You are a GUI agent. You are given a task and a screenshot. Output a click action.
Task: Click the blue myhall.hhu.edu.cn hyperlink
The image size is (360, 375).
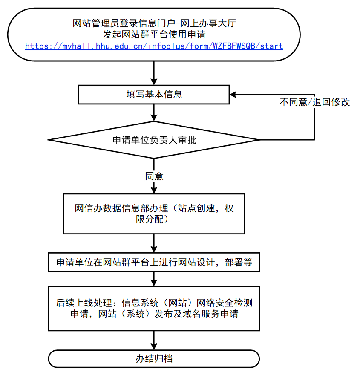[154, 46]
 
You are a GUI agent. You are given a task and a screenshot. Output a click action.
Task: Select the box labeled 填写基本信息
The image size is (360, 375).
[154, 94]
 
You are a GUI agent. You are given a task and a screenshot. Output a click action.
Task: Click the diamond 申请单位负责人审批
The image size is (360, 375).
[154, 140]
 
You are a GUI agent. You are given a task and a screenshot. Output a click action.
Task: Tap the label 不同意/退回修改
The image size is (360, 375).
[315, 102]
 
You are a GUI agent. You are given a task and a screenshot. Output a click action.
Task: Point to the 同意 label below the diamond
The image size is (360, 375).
[154, 176]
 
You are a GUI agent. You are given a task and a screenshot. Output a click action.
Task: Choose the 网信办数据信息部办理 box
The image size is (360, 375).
[154, 213]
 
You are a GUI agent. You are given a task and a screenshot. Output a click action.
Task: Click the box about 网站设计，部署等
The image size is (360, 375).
[154, 262]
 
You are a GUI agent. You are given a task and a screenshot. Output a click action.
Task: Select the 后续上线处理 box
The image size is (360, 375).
[154, 309]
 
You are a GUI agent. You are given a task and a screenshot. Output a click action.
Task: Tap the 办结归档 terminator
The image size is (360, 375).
[154, 359]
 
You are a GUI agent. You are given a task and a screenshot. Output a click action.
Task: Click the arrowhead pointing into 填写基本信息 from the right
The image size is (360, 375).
[234, 94]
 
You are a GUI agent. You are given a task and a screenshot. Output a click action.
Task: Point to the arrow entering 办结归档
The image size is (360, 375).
[154, 340]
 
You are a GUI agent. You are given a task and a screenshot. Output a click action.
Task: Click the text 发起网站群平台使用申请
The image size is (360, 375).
[154, 35]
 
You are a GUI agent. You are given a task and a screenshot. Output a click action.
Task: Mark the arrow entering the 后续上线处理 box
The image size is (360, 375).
[154, 279]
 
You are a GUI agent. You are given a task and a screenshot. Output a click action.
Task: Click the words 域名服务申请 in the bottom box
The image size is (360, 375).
[213, 314]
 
